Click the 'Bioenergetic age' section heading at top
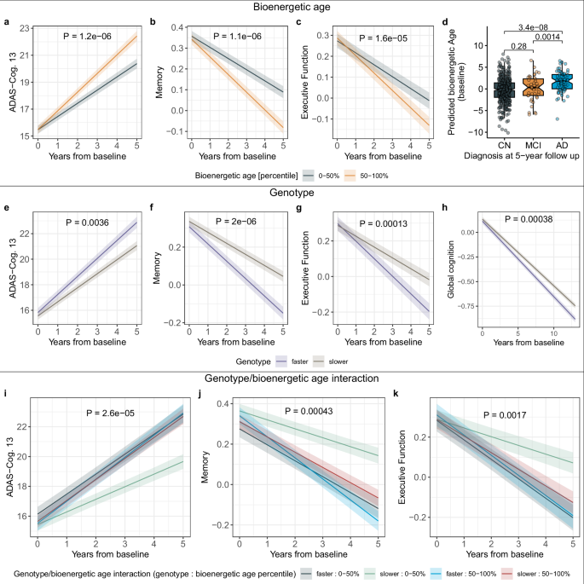tap(292, 7)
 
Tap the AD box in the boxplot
tap(561, 82)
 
